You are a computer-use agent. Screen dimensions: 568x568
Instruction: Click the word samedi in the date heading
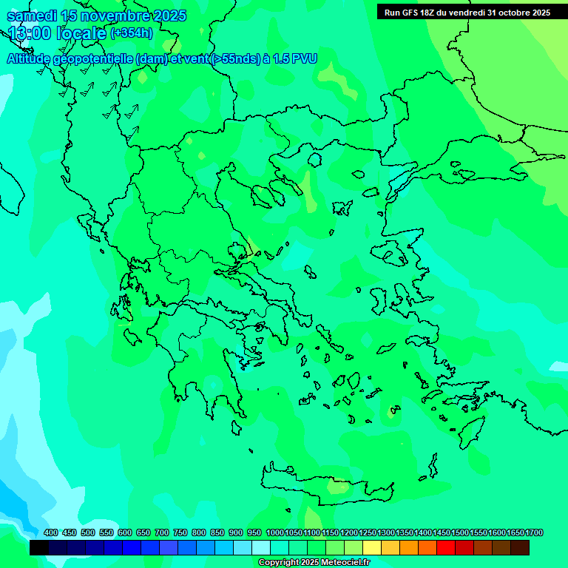[33, 16]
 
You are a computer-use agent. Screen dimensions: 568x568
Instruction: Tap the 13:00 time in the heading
[30, 33]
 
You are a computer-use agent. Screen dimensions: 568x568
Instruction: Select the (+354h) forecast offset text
[132, 33]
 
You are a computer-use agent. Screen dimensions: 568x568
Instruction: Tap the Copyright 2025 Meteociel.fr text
[314, 563]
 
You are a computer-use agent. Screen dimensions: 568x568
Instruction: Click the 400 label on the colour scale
[51, 533]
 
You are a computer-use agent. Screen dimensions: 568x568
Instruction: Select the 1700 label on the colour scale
[534, 533]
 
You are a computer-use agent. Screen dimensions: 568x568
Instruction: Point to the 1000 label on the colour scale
[274, 533]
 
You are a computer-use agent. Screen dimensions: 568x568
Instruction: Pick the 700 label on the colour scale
[162, 533]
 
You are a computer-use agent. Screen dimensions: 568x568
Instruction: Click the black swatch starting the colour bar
[39, 548]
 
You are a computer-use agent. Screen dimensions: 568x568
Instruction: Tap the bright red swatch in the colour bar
[446, 548]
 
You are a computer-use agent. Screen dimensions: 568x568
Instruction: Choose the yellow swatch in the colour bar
[372, 548]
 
